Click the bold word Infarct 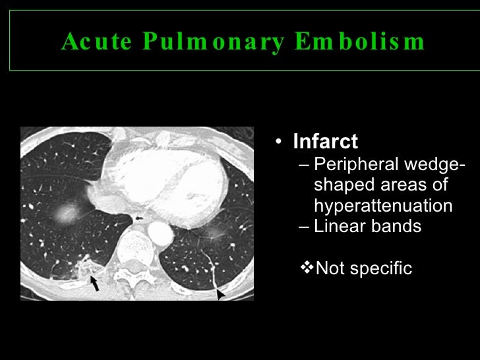click(325, 142)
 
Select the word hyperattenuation click(383, 206)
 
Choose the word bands click(395, 227)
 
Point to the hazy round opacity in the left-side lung click(65, 212)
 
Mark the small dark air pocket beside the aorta click(138, 217)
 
